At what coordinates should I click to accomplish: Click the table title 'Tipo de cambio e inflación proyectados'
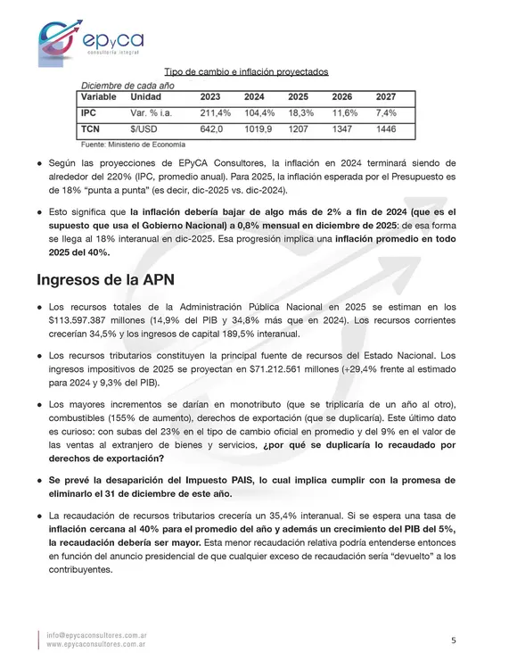pyautogui.click(x=247, y=71)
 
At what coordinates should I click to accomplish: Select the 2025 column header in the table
pyautogui.click(x=299, y=96)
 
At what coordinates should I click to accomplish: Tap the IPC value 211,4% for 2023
pyautogui.click(x=215, y=113)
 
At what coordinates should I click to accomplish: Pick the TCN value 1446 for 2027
pyautogui.click(x=386, y=130)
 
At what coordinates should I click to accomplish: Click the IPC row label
pyautogui.click(x=89, y=113)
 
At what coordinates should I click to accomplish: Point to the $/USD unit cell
pyautogui.click(x=144, y=130)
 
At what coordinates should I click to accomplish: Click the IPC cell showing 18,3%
pyautogui.click(x=301, y=113)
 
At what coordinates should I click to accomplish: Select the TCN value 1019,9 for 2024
pyautogui.click(x=258, y=130)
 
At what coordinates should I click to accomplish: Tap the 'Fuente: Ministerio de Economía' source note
pyautogui.click(x=133, y=144)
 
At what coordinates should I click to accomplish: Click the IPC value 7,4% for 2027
pyautogui.click(x=386, y=113)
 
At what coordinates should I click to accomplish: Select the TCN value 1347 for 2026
pyautogui.click(x=342, y=130)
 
